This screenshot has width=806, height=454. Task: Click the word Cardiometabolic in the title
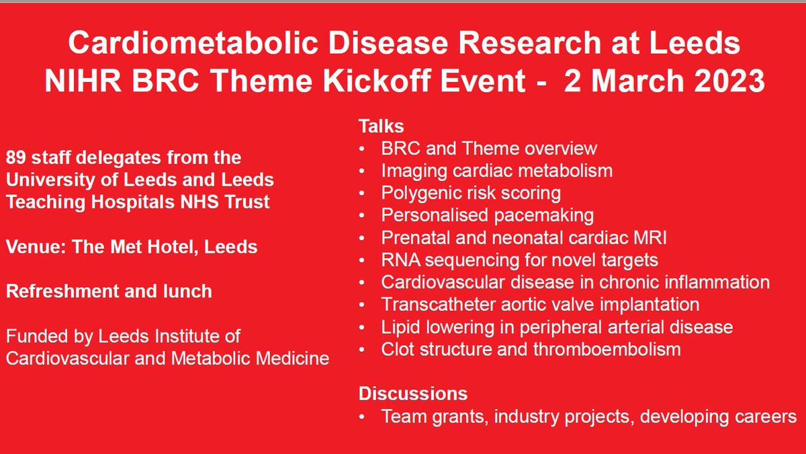193,43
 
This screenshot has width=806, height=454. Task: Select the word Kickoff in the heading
377,80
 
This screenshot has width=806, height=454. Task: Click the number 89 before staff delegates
16,157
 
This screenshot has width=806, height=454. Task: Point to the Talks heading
382,126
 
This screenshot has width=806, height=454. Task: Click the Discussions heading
413,393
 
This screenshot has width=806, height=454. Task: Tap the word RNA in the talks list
401,260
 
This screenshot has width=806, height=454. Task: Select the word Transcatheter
439,305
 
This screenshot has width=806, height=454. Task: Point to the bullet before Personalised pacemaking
362,215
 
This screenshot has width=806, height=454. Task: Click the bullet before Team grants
362,416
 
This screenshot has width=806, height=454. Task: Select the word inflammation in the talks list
717,282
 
